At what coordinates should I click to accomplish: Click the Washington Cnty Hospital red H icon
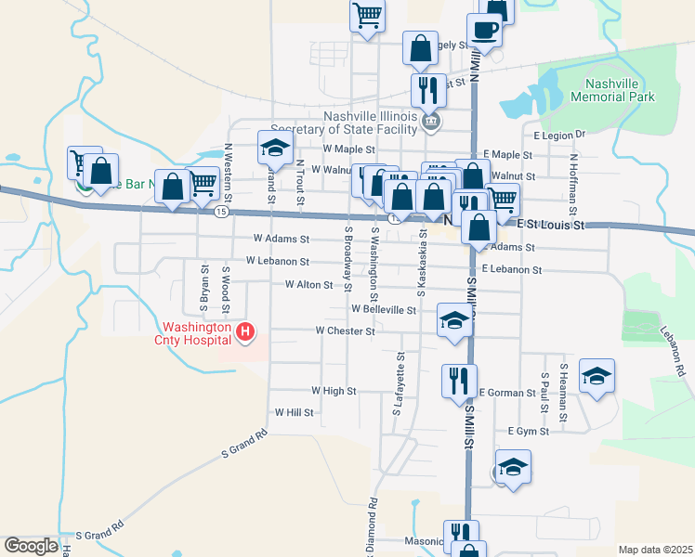[245, 331]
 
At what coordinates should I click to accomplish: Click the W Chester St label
[345, 330]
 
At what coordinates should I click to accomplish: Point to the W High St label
[334, 392]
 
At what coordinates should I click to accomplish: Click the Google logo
[31, 546]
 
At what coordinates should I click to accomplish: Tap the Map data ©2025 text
[655, 550]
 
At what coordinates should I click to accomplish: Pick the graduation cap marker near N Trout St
[275, 148]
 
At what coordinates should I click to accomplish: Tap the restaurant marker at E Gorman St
[458, 381]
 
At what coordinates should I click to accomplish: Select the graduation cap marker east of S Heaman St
[597, 376]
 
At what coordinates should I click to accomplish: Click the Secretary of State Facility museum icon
[429, 122]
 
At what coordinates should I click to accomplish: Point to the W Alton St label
[308, 285]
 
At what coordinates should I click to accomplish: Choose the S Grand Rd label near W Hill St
[244, 444]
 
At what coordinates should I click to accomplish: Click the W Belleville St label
[384, 310]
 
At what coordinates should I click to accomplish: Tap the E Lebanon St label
[512, 269]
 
